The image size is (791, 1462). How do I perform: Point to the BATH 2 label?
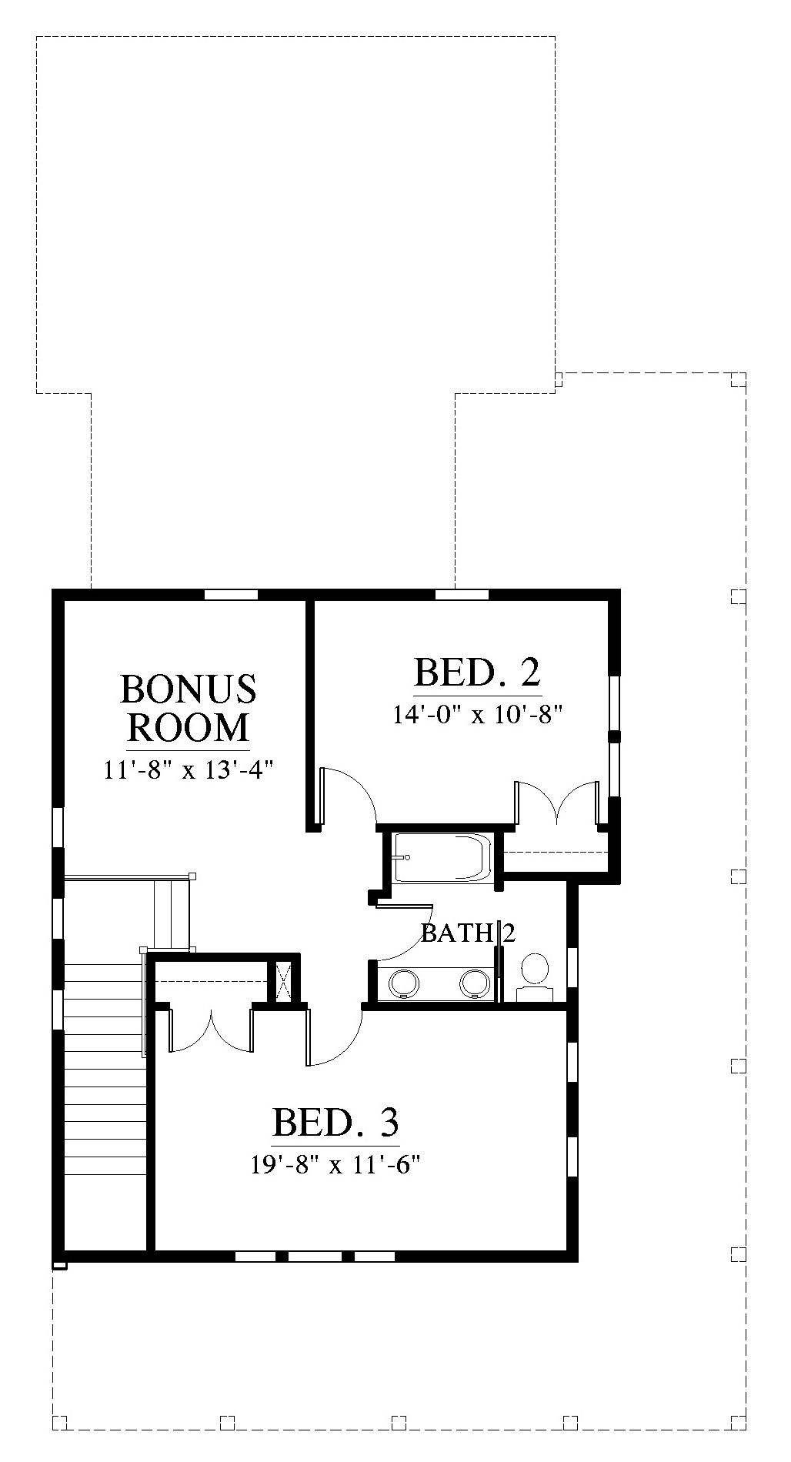468,933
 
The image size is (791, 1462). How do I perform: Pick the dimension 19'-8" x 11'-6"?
336,1165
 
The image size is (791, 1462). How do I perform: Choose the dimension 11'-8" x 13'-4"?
189,769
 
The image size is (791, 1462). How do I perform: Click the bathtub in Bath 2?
441,857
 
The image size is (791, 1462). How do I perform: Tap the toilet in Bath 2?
535,976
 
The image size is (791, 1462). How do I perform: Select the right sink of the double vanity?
474,983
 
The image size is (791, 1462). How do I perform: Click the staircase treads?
105,1070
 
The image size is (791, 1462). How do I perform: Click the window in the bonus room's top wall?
231,594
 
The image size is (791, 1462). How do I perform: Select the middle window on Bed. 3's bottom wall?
314,1257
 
